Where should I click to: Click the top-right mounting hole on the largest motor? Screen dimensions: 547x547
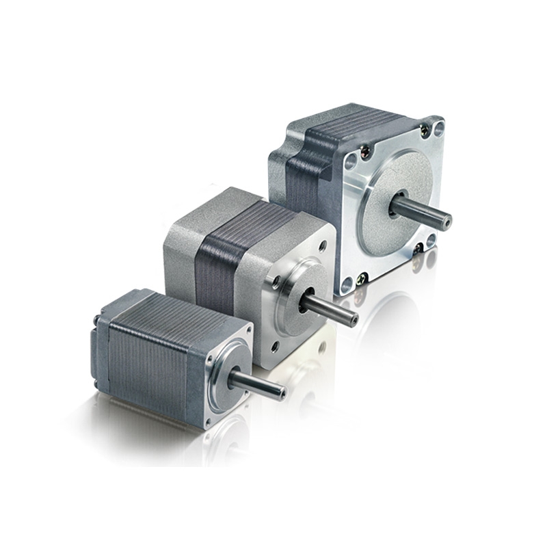438,126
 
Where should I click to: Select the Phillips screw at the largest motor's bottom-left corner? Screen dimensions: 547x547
361,277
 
